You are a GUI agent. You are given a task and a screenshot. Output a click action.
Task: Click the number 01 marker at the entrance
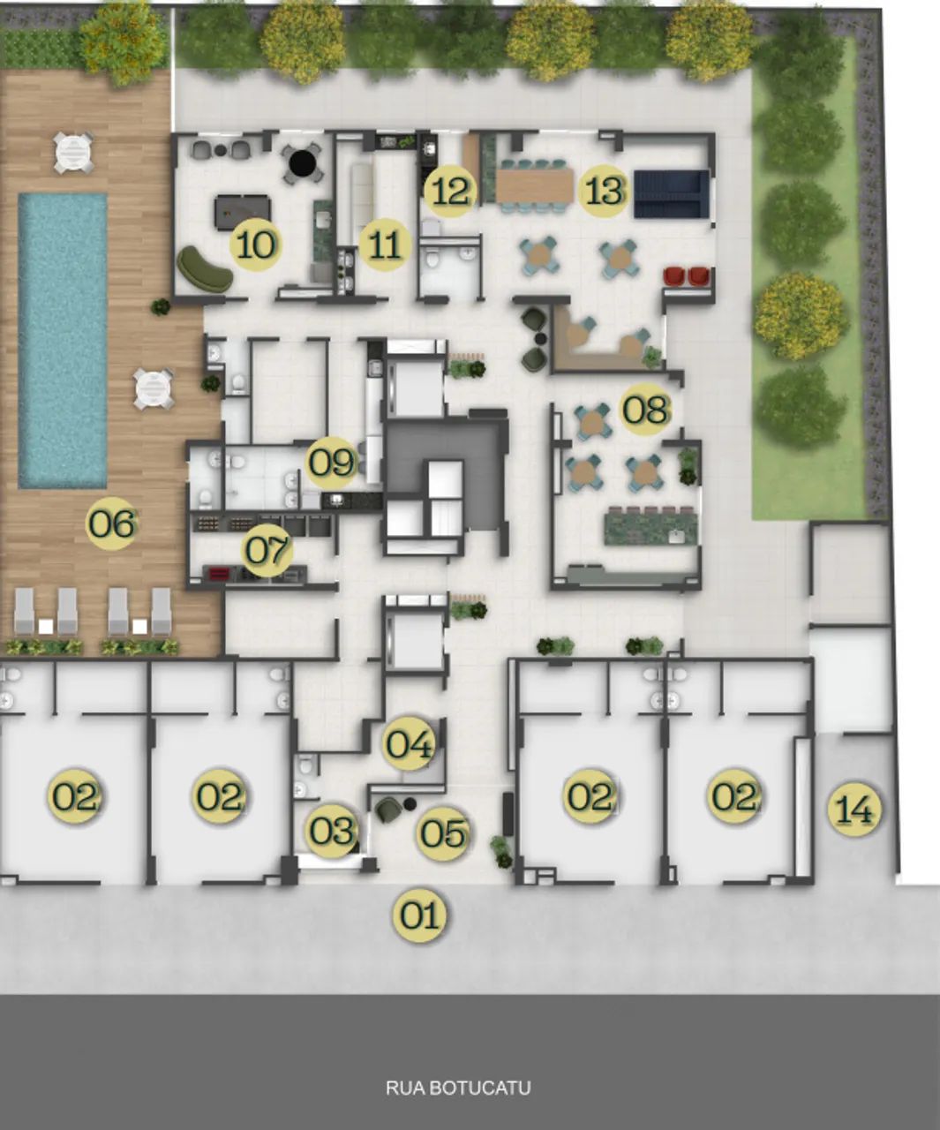[420, 915]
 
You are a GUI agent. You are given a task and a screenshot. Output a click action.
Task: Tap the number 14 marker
[854, 809]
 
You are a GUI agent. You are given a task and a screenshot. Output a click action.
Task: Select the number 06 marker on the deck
[112, 524]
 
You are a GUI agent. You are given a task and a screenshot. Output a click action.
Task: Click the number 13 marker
[604, 191]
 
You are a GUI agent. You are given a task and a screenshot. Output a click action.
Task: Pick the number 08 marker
[644, 410]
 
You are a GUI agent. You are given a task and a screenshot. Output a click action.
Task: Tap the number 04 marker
[410, 743]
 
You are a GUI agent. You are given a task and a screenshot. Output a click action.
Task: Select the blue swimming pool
[63, 341]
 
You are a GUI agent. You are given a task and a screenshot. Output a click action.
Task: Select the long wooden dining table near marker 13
[535, 185]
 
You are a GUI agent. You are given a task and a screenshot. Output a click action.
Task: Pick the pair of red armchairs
[686, 276]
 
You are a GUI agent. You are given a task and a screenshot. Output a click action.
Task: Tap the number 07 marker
[267, 550]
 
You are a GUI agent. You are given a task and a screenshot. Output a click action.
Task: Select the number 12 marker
[450, 191]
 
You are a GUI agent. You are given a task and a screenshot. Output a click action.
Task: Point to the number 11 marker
[385, 245]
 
